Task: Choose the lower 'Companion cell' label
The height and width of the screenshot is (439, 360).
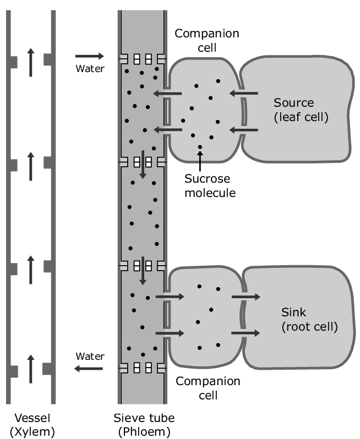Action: [208, 388]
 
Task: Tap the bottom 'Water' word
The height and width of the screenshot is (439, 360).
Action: [89, 356]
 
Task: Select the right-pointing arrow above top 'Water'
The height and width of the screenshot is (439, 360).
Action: [89, 56]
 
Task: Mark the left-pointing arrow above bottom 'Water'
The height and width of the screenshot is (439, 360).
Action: [89, 368]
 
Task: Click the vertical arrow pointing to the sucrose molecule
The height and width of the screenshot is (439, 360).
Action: [200, 160]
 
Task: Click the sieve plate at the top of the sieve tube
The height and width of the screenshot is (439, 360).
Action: [142, 58]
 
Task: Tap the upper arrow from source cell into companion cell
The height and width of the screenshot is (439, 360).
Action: [244, 94]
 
